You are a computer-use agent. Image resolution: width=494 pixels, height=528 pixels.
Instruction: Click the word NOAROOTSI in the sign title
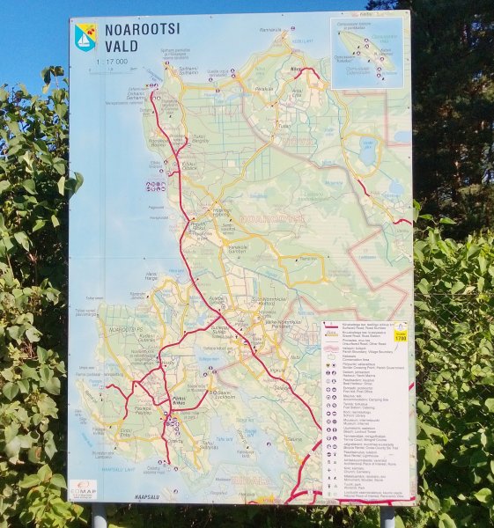pyautogui.click(x=142, y=30)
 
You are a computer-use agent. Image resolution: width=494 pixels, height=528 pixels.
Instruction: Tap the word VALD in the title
pyautogui.click(x=122, y=46)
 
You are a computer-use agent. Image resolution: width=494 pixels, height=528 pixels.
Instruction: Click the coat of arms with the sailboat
pyautogui.click(x=85, y=36)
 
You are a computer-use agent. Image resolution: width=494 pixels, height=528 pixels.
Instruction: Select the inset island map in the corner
pyautogui.click(x=366, y=53)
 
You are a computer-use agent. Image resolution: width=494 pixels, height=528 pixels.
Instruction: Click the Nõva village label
pyautogui.click(x=296, y=70)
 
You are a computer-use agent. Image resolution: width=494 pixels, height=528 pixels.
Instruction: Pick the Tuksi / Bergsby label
pyautogui.click(x=201, y=138)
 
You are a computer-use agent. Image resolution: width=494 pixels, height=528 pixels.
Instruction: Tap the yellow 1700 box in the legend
pyautogui.click(x=400, y=337)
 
